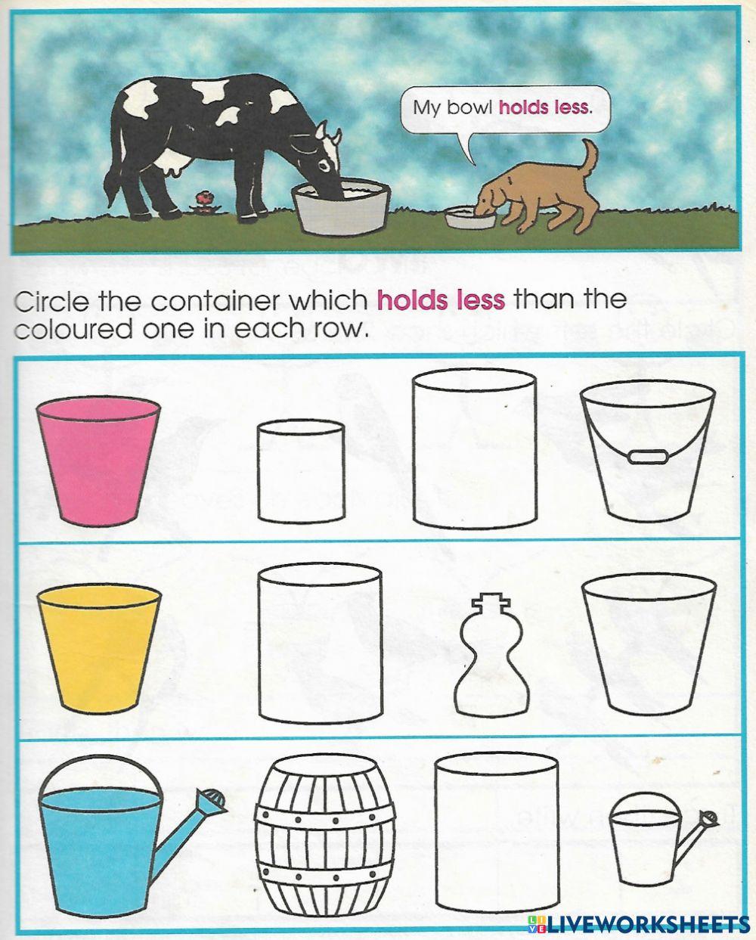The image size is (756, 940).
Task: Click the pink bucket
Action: point(98,461)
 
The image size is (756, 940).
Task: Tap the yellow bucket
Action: point(98,649)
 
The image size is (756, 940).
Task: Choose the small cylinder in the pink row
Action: point(301,472)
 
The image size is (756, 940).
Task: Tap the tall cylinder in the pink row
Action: point(474,451)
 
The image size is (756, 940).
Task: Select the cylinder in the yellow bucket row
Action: point(320,644)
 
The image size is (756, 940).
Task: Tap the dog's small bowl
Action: point(470,219)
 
